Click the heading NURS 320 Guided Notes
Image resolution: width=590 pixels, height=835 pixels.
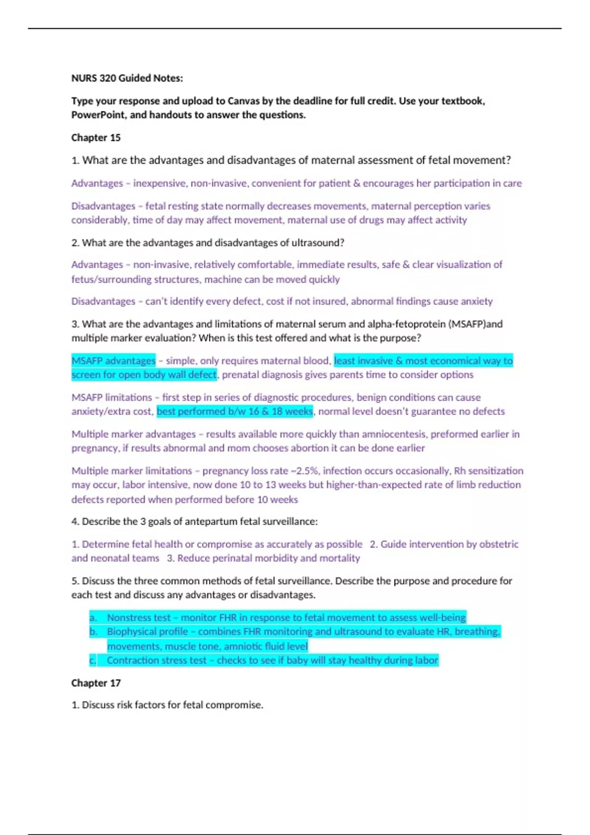[127, 78]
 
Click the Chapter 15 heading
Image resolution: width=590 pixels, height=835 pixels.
[96, 138]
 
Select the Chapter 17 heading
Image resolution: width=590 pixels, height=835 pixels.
[96, 683]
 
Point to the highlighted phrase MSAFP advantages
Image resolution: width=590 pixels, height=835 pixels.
[114, 361]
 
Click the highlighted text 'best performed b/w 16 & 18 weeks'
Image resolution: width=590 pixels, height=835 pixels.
[235, 411]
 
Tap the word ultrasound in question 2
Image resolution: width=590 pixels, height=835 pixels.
[316, 243]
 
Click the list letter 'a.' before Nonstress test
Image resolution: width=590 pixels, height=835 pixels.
[93, 617]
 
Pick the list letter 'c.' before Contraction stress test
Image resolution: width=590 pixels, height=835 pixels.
[93, 660]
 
